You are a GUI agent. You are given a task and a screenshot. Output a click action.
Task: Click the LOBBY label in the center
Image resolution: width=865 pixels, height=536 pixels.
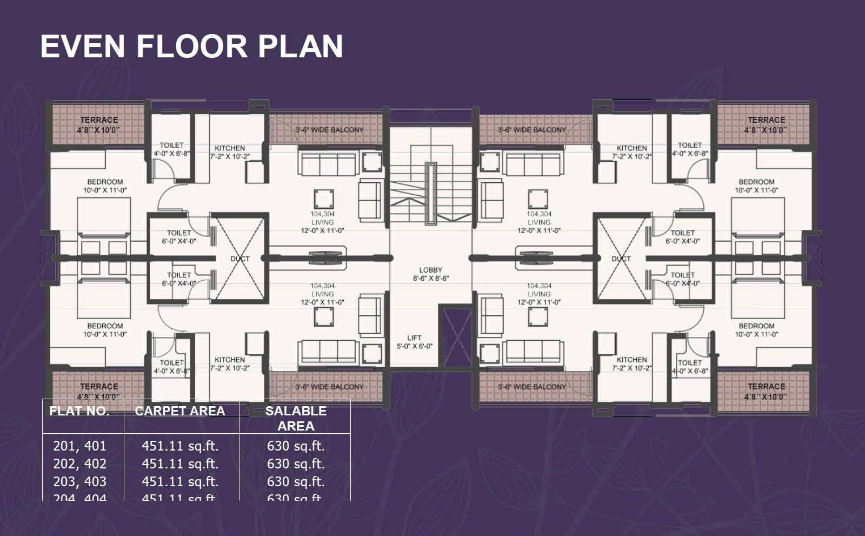tap(430, 270)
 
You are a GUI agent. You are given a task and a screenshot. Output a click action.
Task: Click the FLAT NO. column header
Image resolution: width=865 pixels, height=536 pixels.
tap(79, 411)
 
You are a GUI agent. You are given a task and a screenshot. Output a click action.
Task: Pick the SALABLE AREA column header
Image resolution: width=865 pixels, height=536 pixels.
tap(296, 418)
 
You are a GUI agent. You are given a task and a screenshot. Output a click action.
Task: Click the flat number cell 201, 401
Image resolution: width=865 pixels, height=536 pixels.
tap(79, 446)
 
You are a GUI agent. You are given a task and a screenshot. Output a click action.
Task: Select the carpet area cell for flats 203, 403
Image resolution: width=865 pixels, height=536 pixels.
tap(180, 481)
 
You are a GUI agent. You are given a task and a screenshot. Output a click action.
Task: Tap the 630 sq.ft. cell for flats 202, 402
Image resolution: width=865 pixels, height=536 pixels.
tap(296, 464)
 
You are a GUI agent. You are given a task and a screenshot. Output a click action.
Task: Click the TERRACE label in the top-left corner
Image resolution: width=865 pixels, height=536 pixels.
tap(99, 120)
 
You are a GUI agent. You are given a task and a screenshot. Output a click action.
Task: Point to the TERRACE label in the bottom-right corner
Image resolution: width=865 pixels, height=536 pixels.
tap(766, 386)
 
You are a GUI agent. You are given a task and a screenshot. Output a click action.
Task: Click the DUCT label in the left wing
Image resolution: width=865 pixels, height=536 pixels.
tap(240, 259)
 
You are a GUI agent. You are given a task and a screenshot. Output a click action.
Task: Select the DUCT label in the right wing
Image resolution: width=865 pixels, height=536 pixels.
tap(621, 259)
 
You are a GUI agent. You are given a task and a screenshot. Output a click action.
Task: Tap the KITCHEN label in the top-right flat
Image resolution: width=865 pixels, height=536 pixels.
tap(631, 148)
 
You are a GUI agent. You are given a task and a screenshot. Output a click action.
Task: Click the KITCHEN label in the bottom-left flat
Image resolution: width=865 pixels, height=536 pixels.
tap(230, 360)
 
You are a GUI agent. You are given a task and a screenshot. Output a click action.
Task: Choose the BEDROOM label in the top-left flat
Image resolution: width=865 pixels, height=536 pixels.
tap(105, 182)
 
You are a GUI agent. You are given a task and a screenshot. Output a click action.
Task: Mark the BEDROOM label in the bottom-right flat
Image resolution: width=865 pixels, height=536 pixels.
tap(756, 326)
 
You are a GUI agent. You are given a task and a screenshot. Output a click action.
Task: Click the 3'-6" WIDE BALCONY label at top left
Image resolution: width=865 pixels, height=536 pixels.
tap(329, 130)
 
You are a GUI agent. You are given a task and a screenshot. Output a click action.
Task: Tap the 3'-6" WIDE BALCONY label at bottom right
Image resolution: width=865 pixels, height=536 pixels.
tap(532, 387)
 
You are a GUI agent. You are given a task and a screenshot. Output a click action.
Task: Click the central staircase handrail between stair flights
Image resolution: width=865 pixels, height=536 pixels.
tap(430, 193)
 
